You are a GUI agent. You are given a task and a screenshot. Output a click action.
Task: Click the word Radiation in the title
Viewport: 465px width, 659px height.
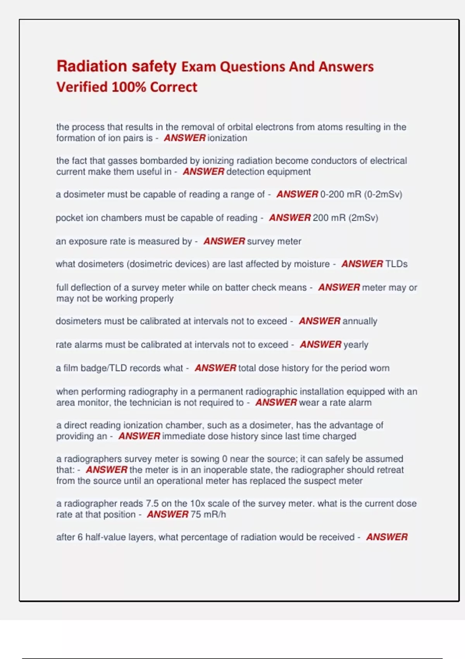click(91, 66)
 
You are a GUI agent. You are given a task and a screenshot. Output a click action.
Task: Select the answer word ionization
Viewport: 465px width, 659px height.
click(227, 138)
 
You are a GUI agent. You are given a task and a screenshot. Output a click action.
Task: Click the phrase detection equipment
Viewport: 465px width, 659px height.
click(268, 172)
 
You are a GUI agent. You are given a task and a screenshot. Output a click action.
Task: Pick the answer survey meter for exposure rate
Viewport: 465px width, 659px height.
click(274, 241)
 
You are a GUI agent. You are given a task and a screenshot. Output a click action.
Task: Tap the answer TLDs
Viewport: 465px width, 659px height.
click(396, 264)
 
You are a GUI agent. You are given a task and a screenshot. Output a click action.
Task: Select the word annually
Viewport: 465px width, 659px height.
click(360, 321)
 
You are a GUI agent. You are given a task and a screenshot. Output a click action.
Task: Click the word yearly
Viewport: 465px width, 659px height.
click(356, 345)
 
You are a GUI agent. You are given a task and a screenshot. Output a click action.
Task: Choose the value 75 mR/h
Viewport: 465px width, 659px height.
click(208, 514)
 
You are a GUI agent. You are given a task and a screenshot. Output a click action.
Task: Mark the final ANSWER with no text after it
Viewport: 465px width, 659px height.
click(387, 537)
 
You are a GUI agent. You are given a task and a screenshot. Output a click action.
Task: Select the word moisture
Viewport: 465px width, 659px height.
click(311, 264)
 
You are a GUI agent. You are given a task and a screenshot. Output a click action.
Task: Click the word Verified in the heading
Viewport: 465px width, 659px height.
click(82, 87)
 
